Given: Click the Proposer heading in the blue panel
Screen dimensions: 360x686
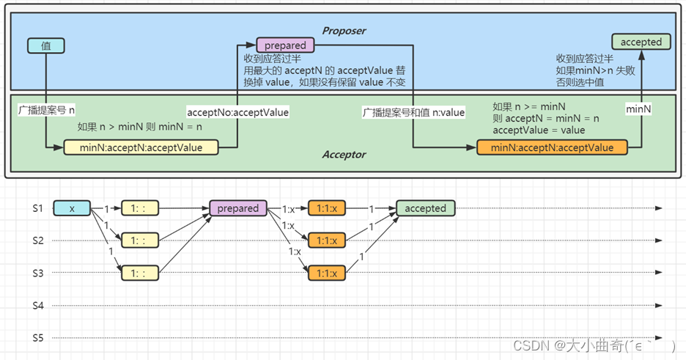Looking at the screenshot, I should pyautogui.click(x=344, y=31).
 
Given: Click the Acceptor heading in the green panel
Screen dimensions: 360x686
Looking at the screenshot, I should pyautogui.click(x=344, y=155).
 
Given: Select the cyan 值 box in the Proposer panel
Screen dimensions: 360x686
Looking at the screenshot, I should pyautogui.click(x=46, y=45).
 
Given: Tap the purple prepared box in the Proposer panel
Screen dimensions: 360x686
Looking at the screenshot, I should pyautogui.click(x=285, y=45).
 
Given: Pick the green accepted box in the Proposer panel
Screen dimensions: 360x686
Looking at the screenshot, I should pyautogui.click(x=641, y=43).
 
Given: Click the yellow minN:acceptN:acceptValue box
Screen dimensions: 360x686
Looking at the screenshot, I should pyautogui.click(x=141, y=147).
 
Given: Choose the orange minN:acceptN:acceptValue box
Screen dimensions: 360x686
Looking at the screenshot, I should pyautogui.click(x=552, y=147).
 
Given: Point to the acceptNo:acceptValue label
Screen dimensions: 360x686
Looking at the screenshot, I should pyautogui.click(x=238, y=113).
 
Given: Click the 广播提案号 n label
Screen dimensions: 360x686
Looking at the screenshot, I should pyautogui.click(x=47, y=110).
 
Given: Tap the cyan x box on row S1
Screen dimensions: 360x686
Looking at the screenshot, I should pyautogui.click(x=72, y=208).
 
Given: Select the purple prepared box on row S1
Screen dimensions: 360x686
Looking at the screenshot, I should pyautogui.click(x=237, y=208).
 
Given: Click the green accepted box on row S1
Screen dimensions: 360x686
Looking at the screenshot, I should pyautogui.click(x=425, y=208).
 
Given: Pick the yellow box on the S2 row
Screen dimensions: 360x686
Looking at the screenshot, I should pyautogui.click(x=140, y=240).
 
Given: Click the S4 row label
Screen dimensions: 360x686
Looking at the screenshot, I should pyautogui.click(x=38, y=305).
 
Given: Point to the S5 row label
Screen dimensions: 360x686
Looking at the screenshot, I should pyautogui.click(x=38, y=338).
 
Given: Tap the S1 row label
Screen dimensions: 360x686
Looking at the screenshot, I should pyautogui.click(x=38, y=208).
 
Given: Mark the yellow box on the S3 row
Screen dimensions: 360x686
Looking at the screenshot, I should pyautogui.click(x=140, y=273).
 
